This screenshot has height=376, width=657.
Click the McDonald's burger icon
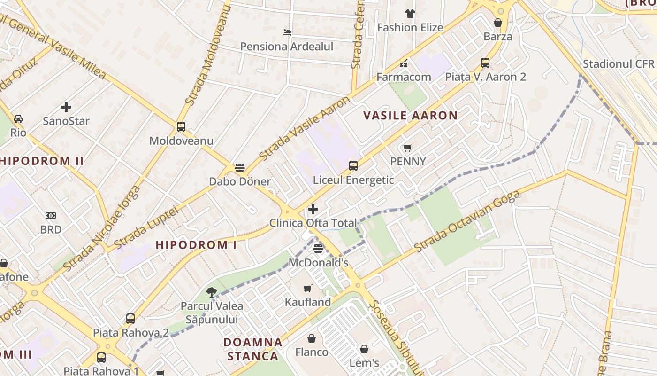tap(318, 248)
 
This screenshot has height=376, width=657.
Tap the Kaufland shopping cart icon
tap(308, 288)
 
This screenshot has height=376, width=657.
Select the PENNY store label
tap(408, 162)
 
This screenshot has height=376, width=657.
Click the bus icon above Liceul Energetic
tap(353, 165)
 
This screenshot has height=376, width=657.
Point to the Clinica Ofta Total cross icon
tap(313, 209)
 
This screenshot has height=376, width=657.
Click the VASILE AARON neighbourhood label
tap(411, 116)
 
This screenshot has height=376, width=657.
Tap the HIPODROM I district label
tap(196, 245)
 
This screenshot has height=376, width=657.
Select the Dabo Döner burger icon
tap(239, 168)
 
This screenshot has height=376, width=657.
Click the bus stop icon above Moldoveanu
tap(181, 126)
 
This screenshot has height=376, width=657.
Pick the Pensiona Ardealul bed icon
tap(287, 32)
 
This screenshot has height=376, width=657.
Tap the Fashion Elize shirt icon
tap(410, 14)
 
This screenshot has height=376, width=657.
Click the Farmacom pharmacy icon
tap(404, 63)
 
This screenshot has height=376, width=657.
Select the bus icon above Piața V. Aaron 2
tap(485, 63)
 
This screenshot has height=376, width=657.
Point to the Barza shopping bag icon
tap(498, 23)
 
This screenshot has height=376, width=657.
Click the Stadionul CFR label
tap(618, 64)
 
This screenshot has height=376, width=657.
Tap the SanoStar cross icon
tap(66, 107)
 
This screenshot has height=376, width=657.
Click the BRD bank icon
tap(51, 216)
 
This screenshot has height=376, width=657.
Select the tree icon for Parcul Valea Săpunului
tap(212, 292)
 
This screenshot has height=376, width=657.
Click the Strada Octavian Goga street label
tap(467, 221)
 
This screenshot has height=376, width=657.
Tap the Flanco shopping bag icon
tap(312, 338)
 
